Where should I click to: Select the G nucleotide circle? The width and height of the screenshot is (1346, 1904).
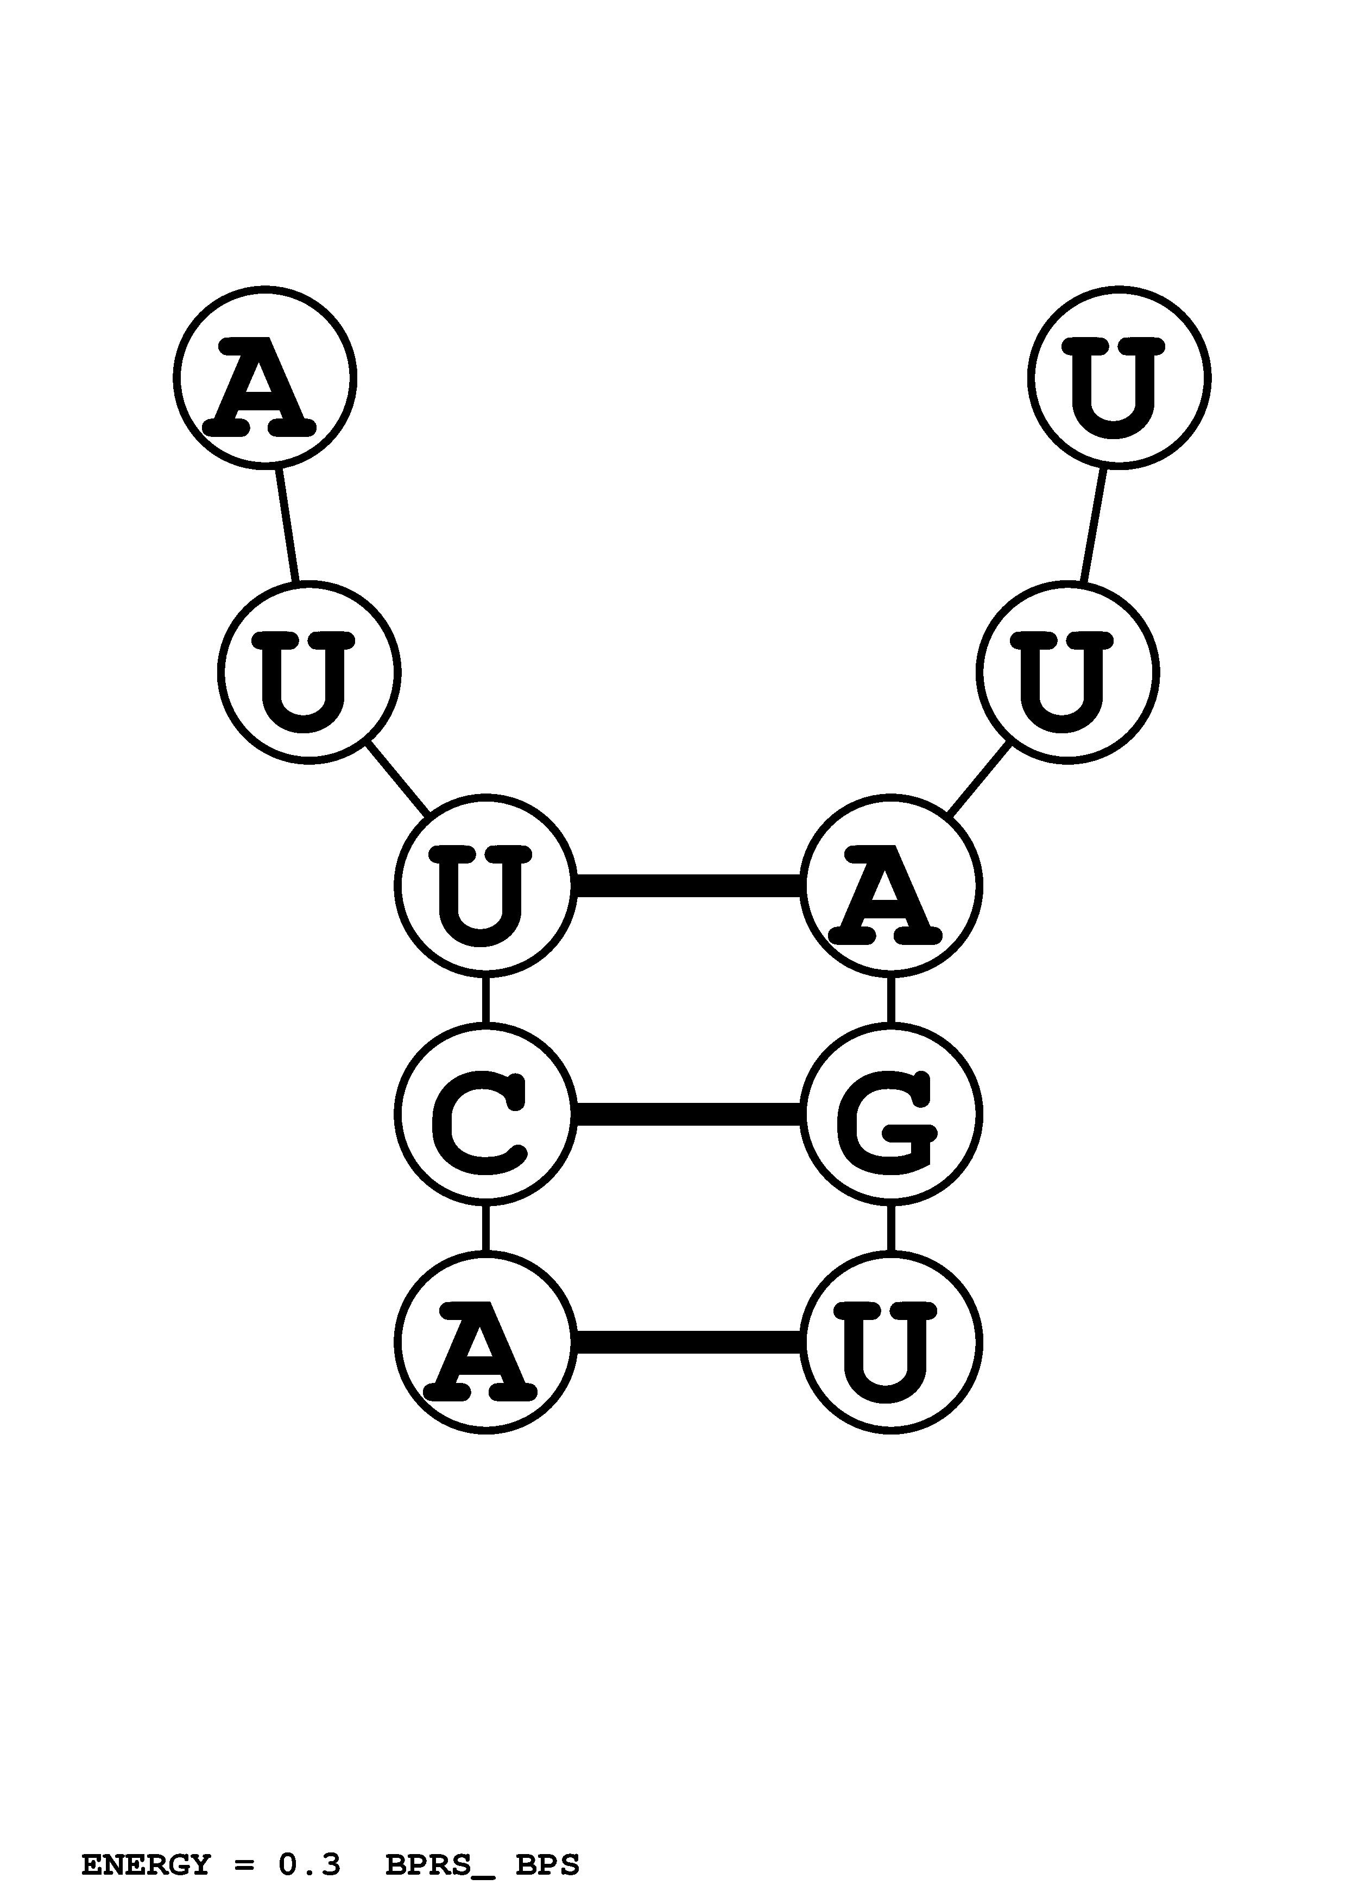coord(890,1113)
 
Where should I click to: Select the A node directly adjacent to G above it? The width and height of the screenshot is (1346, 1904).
coord(890,886)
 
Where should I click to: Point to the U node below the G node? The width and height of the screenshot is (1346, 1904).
coord(890,1341)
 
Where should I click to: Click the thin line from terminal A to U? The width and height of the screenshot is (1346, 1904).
coord(287,525)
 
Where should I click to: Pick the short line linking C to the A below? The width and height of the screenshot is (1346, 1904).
coord(485,1227)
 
